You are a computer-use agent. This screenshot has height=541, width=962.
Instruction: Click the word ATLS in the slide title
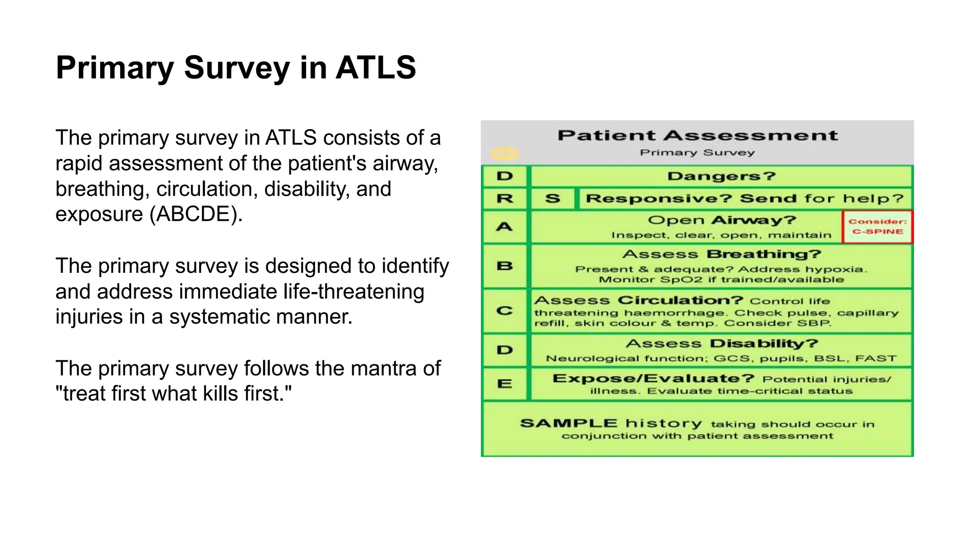click(375, 68)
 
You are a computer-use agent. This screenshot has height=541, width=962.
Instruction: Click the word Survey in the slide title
click(236, 68)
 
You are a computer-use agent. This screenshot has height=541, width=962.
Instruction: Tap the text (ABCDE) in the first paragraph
click(196, 214)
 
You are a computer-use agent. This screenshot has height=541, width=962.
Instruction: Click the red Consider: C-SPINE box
click(877, 227)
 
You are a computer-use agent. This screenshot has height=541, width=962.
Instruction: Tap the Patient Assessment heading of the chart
click(697, 136)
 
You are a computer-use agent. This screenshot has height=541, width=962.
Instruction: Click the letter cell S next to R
click(552, 199)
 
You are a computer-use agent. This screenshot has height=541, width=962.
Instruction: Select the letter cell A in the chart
click(504, 227)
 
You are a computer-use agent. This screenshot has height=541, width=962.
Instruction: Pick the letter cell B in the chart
click(504, 266)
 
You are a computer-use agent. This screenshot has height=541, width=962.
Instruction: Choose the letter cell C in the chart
click(504, 311)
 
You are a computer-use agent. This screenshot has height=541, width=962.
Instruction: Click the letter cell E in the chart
click(504, 384)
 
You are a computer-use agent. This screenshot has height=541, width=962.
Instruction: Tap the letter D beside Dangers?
click(504, 176)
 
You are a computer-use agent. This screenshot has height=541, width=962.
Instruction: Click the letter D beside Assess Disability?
click(504, 350)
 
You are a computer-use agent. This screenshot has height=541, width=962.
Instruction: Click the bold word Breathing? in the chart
click(763, 254)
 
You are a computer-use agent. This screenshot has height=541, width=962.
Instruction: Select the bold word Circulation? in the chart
click(680, 300)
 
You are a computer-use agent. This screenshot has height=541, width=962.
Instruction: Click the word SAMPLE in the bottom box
click(568, 423)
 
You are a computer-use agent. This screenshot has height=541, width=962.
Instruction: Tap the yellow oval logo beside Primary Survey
click(504, 154)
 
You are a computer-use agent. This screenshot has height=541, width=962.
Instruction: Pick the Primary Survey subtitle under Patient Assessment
click(697, 153)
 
